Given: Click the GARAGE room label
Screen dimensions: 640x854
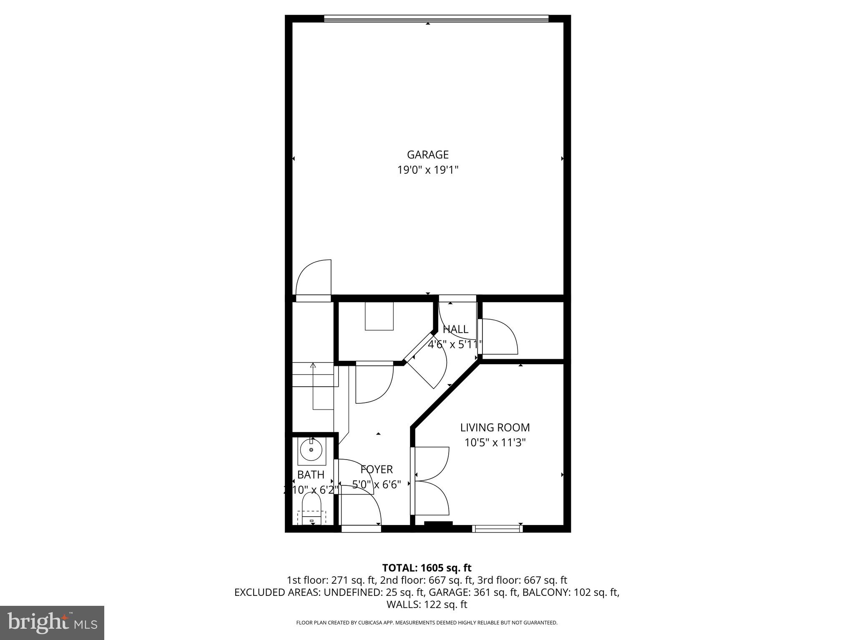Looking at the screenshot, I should (427, 155).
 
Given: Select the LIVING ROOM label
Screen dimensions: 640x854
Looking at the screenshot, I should (495, 427).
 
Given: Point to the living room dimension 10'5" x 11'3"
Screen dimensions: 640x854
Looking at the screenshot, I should (495, 442).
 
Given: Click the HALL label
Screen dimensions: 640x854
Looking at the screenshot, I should (455, 329).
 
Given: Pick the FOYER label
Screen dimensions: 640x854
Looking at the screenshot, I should (377, 470).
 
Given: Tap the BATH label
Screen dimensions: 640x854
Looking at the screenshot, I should (311, 475).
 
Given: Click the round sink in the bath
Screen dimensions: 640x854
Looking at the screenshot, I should (311, 450).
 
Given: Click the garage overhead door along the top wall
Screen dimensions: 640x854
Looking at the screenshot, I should (436, 18).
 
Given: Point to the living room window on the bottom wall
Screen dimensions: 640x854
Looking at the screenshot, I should (497, 528).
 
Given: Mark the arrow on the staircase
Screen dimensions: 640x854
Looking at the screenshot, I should (313, 366).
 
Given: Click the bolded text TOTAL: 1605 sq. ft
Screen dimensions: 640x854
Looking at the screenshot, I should (427, 568).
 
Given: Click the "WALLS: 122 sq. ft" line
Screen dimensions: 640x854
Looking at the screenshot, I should (427, 604).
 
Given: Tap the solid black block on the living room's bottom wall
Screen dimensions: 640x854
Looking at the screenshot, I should (438, 524).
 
